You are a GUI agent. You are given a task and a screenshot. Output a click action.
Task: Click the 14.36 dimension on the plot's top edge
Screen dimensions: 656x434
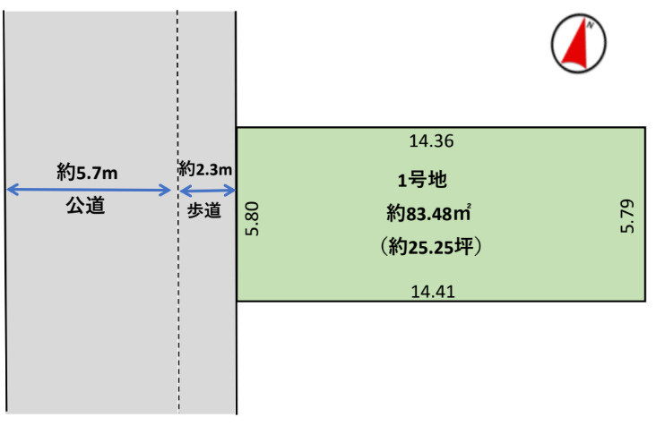[431, 141]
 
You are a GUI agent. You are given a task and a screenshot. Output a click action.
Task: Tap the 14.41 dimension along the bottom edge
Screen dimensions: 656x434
[433, 291]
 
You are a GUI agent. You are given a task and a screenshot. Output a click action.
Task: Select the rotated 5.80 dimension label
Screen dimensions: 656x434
[253, 219]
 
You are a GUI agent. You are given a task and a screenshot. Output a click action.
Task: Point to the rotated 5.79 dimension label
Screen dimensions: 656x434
[627, 216]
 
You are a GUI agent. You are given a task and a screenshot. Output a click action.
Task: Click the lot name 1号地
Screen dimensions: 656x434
[422, 180]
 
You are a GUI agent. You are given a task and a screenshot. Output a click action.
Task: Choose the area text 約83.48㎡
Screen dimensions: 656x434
[429, 213]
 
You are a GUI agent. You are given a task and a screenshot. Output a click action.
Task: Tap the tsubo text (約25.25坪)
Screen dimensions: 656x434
[431, 246]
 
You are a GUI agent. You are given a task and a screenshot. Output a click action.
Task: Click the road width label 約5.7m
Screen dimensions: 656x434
[87, 172]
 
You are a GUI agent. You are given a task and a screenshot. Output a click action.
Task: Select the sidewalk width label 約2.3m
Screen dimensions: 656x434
[205, 169]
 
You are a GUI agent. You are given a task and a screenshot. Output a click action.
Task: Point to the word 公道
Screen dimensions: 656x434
[85, 206]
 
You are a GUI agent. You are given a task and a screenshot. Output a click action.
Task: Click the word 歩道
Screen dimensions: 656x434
[203, 210]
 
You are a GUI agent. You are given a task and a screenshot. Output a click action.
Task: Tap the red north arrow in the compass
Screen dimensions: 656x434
[575, 45]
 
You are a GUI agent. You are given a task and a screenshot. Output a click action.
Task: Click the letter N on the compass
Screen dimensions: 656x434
[590, 25]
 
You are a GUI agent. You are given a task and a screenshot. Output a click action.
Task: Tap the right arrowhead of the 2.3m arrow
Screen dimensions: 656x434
[234, 191]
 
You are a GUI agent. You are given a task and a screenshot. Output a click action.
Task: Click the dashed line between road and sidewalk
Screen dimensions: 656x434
[177, 212]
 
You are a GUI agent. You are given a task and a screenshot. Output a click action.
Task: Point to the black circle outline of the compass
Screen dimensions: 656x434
[551, 44]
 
